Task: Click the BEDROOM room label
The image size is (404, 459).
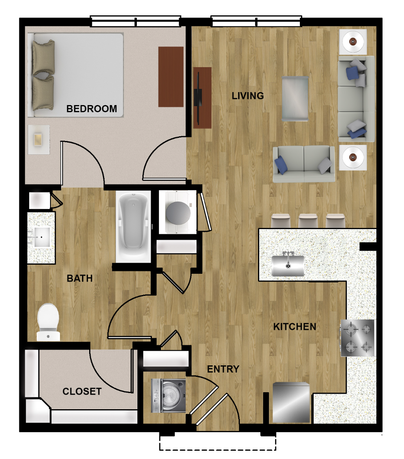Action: tap(92, 109)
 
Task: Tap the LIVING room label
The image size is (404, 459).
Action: tap(248, 96)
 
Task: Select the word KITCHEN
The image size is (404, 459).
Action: tap(295, 327)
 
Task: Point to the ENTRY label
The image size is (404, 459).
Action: tap(223, 369)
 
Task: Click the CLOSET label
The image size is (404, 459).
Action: tap(82, 391)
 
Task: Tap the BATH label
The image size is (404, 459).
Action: tap(80, 278)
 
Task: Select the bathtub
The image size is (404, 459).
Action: tap(133, 226)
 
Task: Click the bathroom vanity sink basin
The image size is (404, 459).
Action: tap(41, 237)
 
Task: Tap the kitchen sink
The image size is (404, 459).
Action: tap(288, 265)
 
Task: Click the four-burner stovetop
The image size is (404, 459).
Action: tap(357, 338)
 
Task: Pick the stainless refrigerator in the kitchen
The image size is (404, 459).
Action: tap(291, 403)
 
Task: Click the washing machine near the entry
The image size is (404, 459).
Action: tap(168, 396)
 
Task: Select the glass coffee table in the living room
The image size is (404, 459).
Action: tap(295, 98)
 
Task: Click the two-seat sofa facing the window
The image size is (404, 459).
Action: tap(304, 164)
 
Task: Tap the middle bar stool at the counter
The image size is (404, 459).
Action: tap(308, 221)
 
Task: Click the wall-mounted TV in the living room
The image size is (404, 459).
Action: tap(198, 98)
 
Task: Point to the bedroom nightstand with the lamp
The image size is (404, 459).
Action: tap(39, 139)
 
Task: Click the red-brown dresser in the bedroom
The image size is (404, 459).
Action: tap(171, 77)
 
